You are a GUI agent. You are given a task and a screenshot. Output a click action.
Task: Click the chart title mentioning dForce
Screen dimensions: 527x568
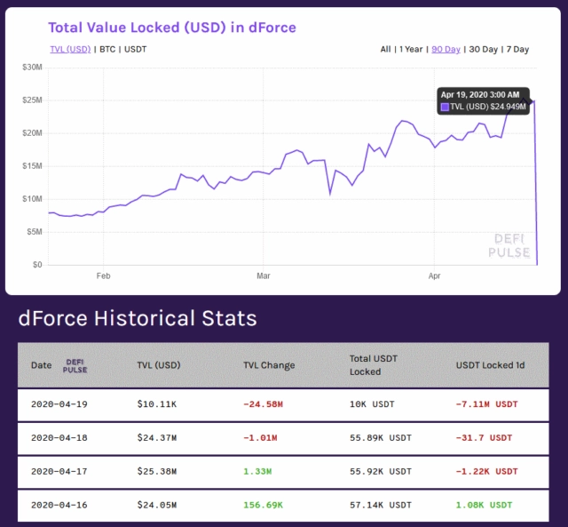point(171,28)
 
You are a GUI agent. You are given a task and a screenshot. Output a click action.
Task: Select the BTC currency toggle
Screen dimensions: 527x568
point(108,49)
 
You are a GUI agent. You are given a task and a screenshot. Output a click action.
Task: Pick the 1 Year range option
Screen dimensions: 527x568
point(410,49)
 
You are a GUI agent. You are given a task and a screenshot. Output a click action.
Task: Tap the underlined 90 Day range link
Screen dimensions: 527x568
point(446,49)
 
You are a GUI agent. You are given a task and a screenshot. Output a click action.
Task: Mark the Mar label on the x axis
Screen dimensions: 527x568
point(264,276)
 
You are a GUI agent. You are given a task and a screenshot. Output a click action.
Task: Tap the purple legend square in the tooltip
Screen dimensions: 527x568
point(446,107)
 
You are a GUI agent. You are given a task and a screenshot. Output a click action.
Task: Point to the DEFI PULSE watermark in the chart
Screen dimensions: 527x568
point(509,246)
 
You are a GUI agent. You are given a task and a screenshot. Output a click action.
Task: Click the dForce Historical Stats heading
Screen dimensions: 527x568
point(138,318)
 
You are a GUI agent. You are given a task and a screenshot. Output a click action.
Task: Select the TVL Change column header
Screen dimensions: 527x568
point(269,365)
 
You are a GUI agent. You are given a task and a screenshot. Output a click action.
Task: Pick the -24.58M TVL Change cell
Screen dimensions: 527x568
point(263,404)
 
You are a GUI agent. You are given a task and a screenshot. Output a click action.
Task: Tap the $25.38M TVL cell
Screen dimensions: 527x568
point(156,471)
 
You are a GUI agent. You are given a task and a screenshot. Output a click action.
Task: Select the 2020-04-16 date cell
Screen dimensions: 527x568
point(59,505)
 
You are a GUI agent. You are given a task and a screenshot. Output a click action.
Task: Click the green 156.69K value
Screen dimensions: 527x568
point(264,505)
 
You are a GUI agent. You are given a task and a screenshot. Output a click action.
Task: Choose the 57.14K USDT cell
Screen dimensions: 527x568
point(381,505)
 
